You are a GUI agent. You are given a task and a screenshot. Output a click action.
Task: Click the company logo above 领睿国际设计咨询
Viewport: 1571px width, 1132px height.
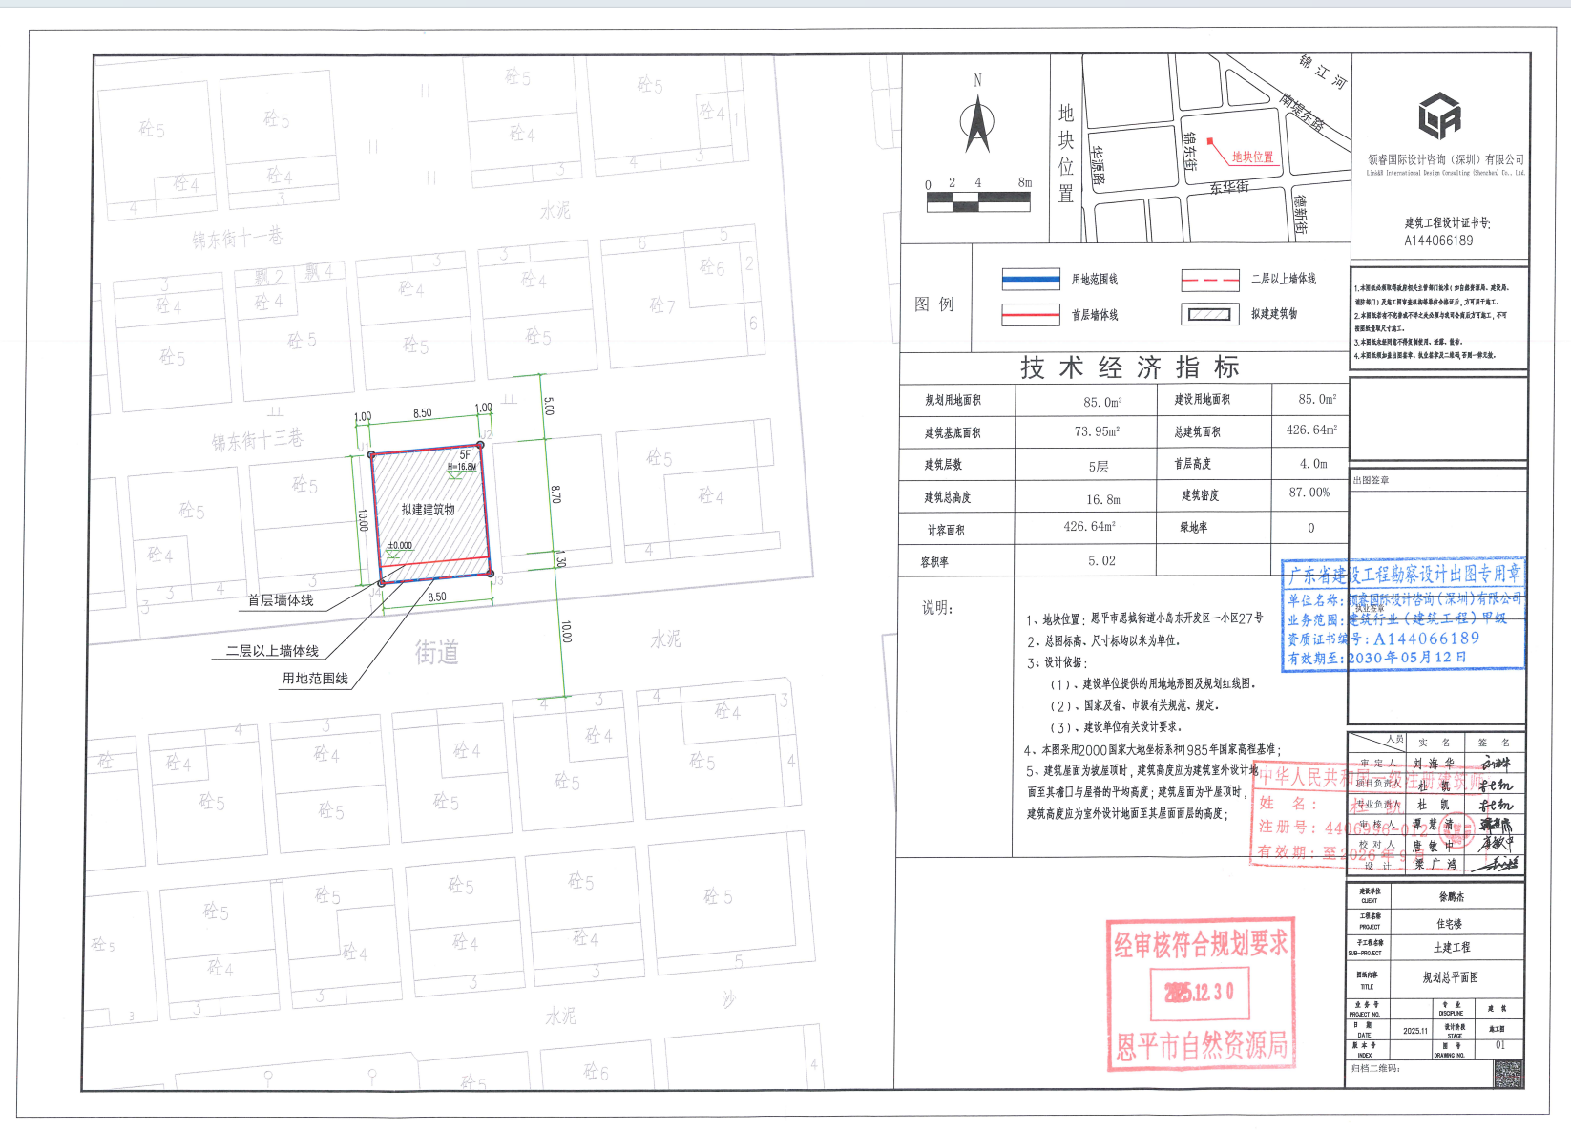pyautogui.click(x=1439, y=115)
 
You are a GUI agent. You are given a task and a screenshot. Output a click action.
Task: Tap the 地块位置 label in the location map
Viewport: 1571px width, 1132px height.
pyautogui.click(x=1252, y=157)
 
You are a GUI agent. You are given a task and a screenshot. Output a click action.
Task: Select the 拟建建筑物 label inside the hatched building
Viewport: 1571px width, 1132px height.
pyautogui.click(x=428, y=510)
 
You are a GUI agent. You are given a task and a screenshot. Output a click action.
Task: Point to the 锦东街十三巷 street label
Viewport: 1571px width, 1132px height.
pyautogui.click(x=257, y=440)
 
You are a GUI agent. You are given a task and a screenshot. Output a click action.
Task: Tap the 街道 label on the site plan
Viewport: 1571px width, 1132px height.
pyautogui.click(x=436, y=653)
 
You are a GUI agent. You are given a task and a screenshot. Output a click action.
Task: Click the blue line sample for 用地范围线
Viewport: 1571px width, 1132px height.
pyautogui.click(x=1031, y=280)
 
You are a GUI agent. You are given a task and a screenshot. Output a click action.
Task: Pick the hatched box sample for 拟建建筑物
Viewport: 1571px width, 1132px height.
pyautogui.click(x=1210, y=314)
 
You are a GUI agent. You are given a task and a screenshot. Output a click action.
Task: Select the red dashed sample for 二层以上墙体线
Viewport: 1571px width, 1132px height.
pyautogui.click(x=1210, y=280)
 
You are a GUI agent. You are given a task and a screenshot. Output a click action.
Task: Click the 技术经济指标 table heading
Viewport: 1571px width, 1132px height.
pyautogui.click(x=1129, y=367)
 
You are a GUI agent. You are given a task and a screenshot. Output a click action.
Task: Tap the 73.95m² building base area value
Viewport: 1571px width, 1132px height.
pyautogui.click(x=1097, y=431)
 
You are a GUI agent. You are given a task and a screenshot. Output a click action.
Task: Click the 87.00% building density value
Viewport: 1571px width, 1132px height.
pyautogui.click(x=1309, y=493)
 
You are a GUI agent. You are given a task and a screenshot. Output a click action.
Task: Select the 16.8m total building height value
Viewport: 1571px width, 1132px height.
pyautogui.click(x=1102, y=499)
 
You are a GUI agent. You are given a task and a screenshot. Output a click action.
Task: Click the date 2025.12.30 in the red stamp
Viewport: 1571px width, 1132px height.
pyautogui.click(x=1200, y=993)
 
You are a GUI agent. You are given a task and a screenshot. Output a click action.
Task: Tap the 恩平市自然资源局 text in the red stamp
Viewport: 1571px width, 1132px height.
pyautogui.click(x=1202, y=1046)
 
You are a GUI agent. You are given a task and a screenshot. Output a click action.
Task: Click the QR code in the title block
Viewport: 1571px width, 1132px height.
pyautogui.click(x=1508, y=1074)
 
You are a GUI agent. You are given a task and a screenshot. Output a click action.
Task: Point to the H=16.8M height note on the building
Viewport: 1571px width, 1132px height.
pyautogui.click(x=462, y=467)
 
